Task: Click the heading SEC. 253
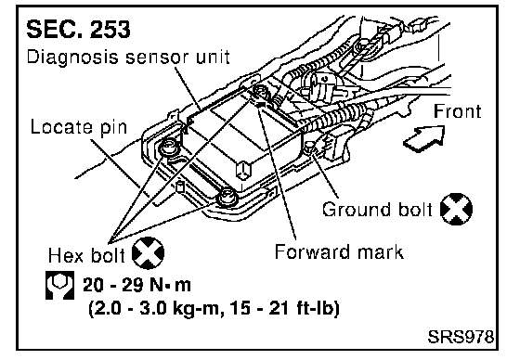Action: point(78,29)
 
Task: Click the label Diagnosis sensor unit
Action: point(128,57)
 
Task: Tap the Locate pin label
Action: point(79,128)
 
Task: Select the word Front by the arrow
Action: point(457,111)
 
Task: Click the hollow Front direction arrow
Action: point(425,138)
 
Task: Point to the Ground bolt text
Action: point(377,210)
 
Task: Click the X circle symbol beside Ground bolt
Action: point(456,209)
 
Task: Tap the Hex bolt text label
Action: point(86,255)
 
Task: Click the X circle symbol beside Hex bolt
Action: point(148,253)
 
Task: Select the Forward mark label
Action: point(339,251)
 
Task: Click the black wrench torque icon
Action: point(59,285)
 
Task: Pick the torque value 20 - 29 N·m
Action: point(137,285)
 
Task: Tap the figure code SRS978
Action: point(461,337)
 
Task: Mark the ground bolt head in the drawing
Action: point(310,146)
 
